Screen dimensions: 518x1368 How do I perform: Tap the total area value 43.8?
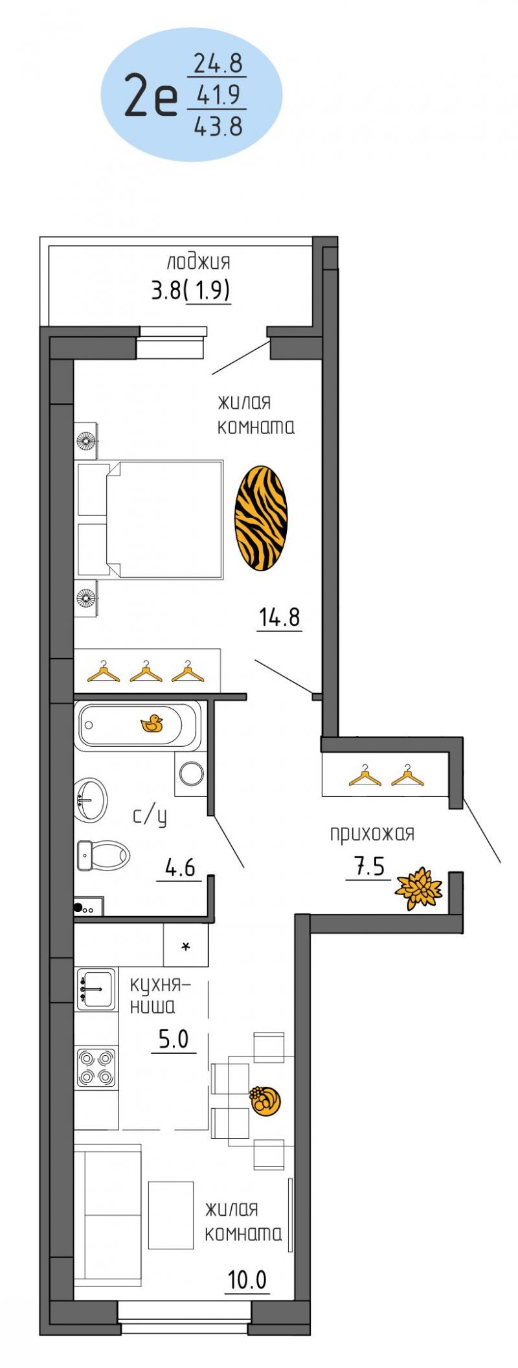coord(218,125)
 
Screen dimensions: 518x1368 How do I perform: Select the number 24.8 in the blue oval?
coord(218,63)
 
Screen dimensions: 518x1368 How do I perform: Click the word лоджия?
coord(198,262)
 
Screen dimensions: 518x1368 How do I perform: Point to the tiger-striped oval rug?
coord(261,518)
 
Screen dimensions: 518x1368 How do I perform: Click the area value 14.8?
coord(280,617)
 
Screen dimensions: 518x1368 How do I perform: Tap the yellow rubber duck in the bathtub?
coord(152,724)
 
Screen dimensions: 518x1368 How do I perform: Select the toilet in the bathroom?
coord(103,855)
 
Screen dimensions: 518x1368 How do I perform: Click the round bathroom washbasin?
coord(90,800)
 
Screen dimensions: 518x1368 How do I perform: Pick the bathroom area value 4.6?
coord(180,867)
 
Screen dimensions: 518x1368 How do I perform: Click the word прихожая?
coord(372,834)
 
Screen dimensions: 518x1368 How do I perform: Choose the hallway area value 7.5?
coord(369,867)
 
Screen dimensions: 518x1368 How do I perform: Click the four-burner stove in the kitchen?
coord(96,1067)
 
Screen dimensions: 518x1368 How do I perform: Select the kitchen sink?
coord(96,988)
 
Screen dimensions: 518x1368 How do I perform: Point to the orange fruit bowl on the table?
coord(265,1100)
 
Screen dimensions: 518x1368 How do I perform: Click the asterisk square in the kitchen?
coord(186,945)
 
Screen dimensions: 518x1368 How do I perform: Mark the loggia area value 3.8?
coord(166,291)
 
